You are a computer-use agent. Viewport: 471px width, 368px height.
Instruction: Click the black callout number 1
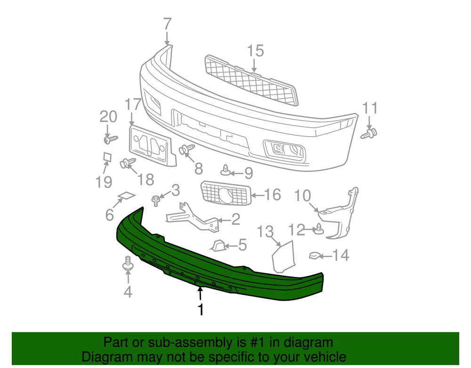coord(201,310)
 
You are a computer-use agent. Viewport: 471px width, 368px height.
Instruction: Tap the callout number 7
coord(167,25)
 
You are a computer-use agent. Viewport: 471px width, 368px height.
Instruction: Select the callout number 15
coord(256,51)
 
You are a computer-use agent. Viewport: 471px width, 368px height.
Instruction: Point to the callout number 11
coord(370,108)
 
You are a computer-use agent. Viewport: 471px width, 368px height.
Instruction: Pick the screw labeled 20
coord(110,139)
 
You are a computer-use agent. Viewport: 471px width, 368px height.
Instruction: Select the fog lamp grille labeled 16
coord(226,193)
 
